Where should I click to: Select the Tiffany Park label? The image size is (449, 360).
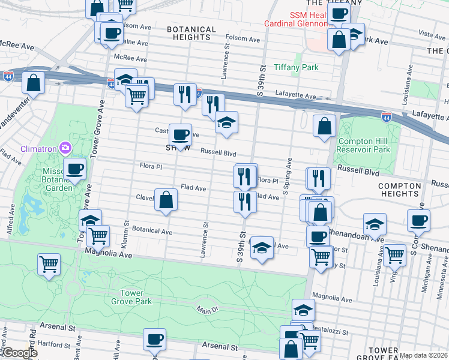click(296, 67)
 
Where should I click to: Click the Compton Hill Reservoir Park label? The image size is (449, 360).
click(364, 145)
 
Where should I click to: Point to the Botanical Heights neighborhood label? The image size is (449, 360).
click(191, 33)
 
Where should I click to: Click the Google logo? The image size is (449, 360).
click(20, 353)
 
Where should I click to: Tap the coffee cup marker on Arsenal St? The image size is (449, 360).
click(154, 339)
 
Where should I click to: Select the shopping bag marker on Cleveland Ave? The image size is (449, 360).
click(166, 200)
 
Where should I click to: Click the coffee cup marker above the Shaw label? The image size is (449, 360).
click(180, 134)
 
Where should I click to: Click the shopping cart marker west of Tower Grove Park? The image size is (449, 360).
click(49, 263)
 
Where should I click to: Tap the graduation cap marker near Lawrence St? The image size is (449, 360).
click(226, 122)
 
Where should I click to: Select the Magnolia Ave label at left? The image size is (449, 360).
click(109, 254)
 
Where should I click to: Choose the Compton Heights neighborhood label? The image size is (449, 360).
click(400, 190)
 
